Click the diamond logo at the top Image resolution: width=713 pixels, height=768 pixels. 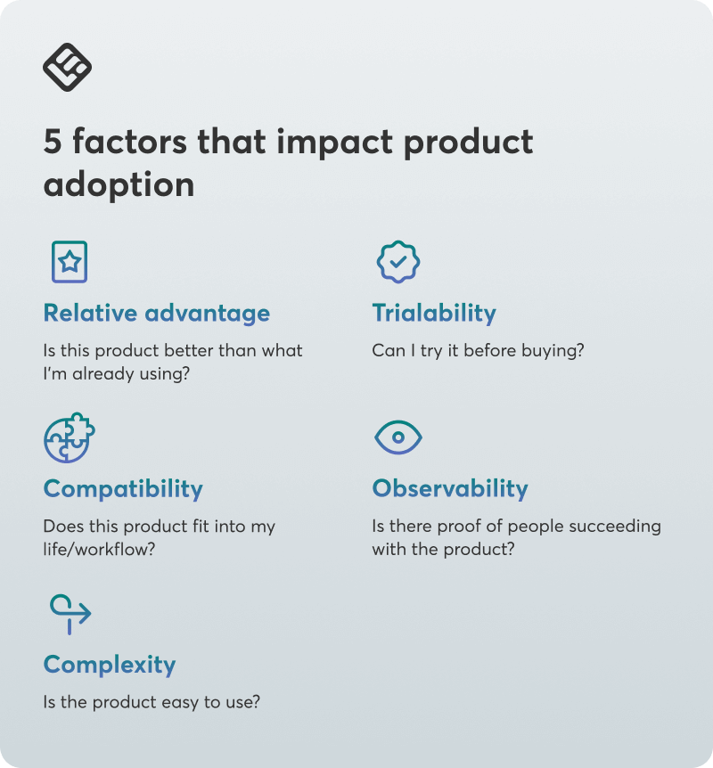67,67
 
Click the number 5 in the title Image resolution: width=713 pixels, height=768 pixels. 53,142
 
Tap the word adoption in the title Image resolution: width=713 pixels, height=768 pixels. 119,185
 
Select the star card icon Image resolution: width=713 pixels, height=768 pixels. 70,262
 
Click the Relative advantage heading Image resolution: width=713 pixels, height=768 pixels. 157,314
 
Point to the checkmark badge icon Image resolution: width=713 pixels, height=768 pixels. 397,262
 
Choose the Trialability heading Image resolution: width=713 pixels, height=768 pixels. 434,314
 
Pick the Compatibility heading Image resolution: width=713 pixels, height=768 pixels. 123,489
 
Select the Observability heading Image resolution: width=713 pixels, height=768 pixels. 450,489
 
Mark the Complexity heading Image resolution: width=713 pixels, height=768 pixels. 110,665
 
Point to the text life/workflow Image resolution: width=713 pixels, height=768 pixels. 99,550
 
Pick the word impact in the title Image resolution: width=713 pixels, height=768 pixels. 335,143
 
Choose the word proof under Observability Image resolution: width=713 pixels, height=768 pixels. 459,527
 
